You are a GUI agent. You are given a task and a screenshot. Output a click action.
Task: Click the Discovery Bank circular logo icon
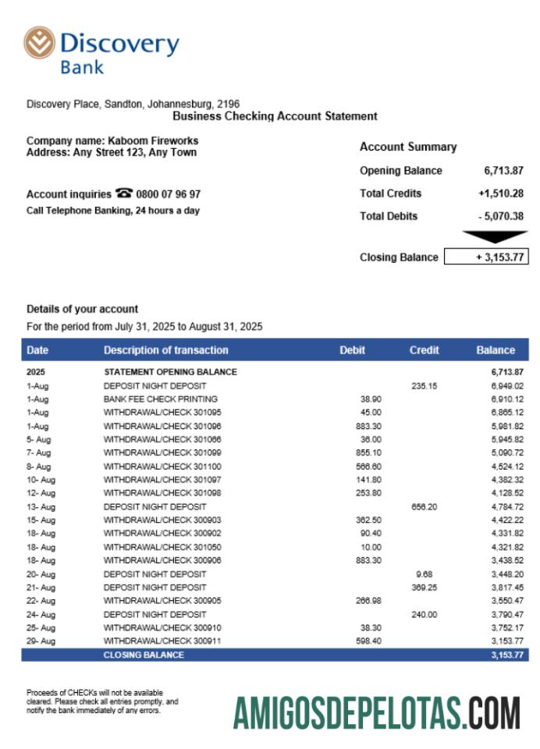[x=40, y=43]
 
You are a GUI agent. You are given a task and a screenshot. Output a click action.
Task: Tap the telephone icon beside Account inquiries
[x=123, y=193]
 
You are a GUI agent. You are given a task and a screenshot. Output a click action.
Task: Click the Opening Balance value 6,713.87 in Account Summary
[x=503, y=171]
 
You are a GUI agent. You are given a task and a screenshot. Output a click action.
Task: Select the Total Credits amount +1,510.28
[x=500, y=193]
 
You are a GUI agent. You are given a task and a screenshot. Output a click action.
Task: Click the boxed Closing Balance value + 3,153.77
[x=486, y=257]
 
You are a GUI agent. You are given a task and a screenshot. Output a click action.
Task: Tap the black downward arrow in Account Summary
[x=494, y=236]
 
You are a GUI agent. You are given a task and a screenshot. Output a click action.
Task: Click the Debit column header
[x=352, y=350]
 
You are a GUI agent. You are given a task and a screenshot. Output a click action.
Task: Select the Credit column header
[x=424, y=350]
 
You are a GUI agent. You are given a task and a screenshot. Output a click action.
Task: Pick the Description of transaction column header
[x=166, y=350]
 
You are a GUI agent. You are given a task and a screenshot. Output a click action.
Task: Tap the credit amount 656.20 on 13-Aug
[x=425, y=507]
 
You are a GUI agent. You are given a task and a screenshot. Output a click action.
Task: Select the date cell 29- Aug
[x=41, y=641]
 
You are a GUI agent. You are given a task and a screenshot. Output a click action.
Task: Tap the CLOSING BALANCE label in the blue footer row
[x=144, y=655]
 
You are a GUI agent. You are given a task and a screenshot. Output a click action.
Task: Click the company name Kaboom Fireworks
[x=153, y=141]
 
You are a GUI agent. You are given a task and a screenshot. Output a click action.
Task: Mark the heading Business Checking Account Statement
[x=275, y=116]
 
